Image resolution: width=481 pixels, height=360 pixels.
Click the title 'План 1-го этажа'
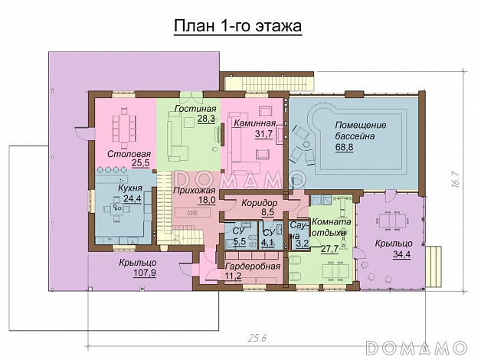(x=237, y=26)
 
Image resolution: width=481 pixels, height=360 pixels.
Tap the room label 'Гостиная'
(x=195, y=109)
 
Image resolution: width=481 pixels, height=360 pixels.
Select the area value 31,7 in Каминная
(x=263, y=134)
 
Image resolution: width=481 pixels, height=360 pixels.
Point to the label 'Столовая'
(x=129, y=154)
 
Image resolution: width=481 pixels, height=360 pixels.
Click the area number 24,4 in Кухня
(x=133, y=198)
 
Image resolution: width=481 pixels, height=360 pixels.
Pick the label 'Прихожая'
(x=195, y=191)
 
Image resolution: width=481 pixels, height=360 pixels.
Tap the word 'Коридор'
(x=259, y=203)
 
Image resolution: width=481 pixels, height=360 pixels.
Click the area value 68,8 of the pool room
(x=344, y=147)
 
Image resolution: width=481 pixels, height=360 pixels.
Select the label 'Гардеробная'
(x=253, y=266)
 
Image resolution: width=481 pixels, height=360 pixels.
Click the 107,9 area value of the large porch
(x=145, y=273)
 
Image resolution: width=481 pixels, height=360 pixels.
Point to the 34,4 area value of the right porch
(x=401, y=254)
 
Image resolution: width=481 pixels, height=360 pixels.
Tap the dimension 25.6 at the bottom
(x=257, y=338)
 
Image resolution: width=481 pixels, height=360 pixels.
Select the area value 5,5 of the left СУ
(x=239, y=241)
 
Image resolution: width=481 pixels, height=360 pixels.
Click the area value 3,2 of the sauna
(x=303, y=244)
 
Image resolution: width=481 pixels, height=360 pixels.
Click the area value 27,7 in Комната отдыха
(x=329, y=249)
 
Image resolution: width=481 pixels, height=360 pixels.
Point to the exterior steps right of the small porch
(x=434, y=266)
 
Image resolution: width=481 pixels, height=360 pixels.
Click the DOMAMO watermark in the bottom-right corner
(x=416, y=348)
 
